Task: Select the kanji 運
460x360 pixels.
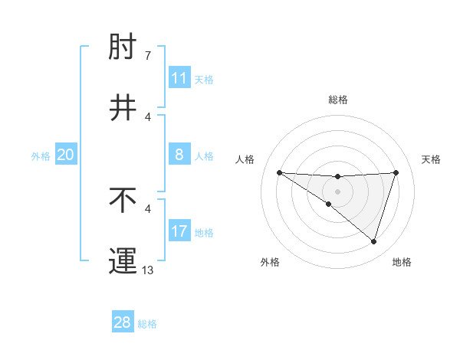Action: (x=123, y=260)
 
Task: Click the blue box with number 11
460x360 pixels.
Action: (x=179, y=78)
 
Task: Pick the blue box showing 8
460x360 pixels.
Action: (x=179, y=155)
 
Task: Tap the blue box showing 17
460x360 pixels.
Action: (x=179, y=231)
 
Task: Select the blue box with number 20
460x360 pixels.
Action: (x=66, y=155)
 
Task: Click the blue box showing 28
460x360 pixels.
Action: (x=123, y=322)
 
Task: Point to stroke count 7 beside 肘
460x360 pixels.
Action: (x=147, y=56)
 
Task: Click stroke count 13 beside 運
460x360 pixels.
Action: (x=148, y=270)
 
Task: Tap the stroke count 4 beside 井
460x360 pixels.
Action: (x=147, y=117)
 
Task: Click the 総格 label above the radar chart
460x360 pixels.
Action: (x=337, y=100)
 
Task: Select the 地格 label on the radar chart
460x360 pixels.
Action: (x=402, y=262)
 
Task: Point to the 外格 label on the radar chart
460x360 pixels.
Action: (x=270, y=262)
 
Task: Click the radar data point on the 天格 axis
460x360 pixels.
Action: (x=396, y=172)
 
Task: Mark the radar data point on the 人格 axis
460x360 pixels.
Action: (x=279, y=172)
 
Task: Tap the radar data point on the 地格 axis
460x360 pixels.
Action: (x=373, y=241)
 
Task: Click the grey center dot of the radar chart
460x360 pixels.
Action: (x=337, y=191)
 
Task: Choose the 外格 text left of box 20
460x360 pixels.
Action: (x=41, y=155)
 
